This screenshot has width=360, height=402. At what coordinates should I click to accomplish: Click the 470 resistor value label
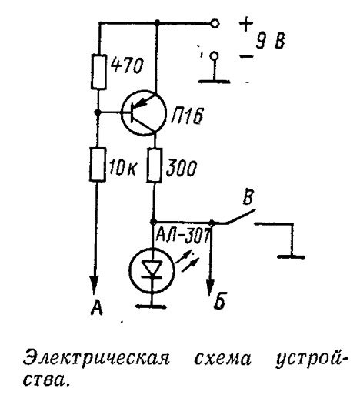(x=127, y=66)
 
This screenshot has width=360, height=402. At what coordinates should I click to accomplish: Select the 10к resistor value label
(x=122, y=168)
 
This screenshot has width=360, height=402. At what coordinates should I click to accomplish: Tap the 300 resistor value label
(x=182, y=168)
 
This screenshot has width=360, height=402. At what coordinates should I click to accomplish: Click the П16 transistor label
(x=187, y=116)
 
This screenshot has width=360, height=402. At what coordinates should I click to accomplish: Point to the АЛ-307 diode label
(x=182, y=234)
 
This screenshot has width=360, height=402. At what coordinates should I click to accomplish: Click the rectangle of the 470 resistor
(x=98, y=72)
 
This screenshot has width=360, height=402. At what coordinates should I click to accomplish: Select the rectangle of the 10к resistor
(x=98, y=165)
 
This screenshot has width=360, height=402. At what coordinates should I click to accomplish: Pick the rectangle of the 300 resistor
(x=154, y=166)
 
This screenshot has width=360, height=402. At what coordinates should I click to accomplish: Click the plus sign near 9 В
(x=246, y=24)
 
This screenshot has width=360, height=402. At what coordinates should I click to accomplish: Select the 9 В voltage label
(x=270, y=41)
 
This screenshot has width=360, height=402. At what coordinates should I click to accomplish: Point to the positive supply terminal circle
(x=215, y=24)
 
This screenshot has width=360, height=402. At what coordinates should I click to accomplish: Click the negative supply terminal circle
(x=214, y=55)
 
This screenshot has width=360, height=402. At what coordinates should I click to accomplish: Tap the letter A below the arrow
(x=97, y=307)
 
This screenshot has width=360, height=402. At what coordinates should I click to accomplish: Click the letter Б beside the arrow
(x=219, y=301)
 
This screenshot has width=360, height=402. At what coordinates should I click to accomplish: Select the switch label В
(x=248, y=197)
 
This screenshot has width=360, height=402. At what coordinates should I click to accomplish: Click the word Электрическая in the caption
(x=96, y=359)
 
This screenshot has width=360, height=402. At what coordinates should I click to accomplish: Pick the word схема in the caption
(x=222, y=359)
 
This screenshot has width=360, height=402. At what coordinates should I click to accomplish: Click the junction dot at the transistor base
(x=97, y=112)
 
